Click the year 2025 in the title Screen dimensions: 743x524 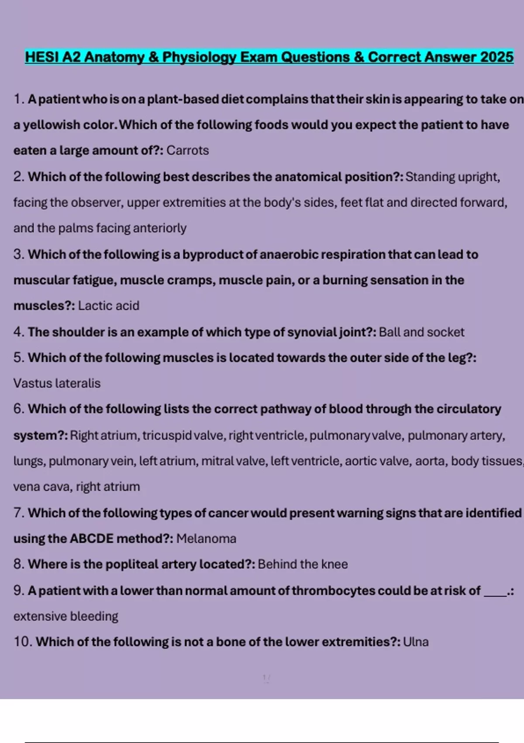496,57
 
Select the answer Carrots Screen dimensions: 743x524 187,150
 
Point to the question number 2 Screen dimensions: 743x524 18,177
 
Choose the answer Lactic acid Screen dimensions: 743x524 108,306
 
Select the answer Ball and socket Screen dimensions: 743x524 421,332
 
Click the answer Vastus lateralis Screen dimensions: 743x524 57,383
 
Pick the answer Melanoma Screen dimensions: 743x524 206,538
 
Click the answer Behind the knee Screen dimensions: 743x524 303,564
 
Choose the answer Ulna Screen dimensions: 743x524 416,642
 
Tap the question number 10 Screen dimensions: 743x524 22,642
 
